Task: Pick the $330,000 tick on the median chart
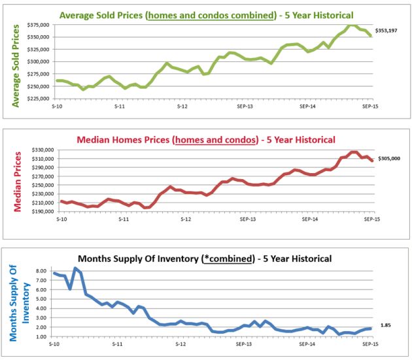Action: tap(42, 150)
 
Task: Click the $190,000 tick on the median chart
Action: tap(42, 211)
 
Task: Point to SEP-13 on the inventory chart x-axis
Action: tap(245, 344)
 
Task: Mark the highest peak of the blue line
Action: tap(76, 268)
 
